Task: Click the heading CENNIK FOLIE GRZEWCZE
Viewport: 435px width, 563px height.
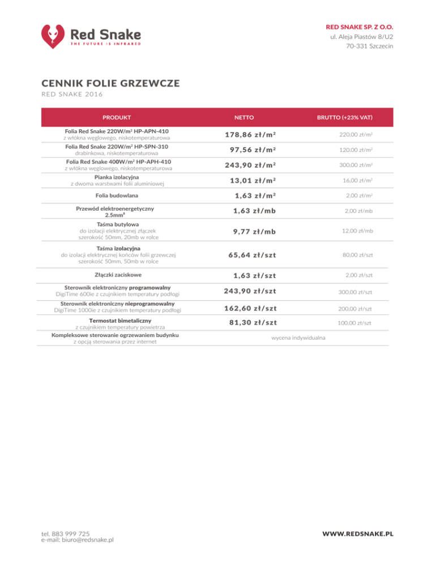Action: pyautogui.click(x=110, y=84)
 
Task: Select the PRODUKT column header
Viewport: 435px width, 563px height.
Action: pyautogui.click(x=117, y=118)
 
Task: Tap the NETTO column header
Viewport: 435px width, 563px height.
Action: pyautogui.click(x=244, y=118)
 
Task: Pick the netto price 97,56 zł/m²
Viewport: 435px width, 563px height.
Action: pyautogui.click(x=253, y=150)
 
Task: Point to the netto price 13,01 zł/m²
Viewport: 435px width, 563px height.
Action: pyautogui.click(x=253, y=181)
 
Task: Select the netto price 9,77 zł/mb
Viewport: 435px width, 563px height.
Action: pyautogui.click(x=254, y=231)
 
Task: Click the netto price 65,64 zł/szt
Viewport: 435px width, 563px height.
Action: pyautogui.click(x=252, y=254)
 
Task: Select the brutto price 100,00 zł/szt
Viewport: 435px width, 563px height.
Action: pyautogui.click(x=355, y=322)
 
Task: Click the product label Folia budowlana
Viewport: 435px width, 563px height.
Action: pyautogui.click(x=118, y=196)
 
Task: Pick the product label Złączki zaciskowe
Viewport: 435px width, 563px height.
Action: pyautogui.click(x=118, y=275)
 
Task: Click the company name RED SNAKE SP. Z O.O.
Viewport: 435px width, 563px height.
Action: pyautogui.click(x=360, y=27)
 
